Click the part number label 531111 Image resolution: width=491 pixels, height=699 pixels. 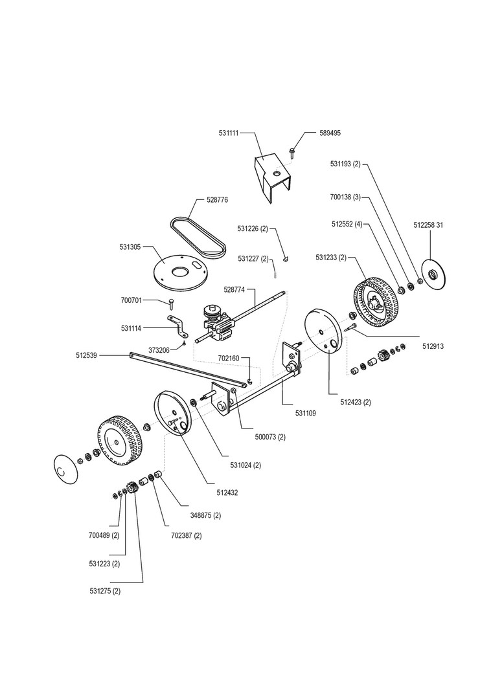pos(229,133)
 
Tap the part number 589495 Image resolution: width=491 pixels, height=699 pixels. pos(330,133)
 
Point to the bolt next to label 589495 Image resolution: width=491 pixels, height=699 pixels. pos(291,152)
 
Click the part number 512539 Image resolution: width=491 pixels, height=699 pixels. pos(87,355)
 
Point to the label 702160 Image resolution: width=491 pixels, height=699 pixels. pos(229,359)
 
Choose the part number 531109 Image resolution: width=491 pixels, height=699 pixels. pos(306,413)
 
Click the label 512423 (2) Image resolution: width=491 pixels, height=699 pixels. pos(356,402)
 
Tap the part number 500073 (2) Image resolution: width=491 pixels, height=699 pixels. pos(270,437)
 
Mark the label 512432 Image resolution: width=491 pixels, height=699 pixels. pos(227,493)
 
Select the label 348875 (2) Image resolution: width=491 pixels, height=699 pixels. pos(205,515)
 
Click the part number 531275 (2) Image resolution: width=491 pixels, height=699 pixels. pos(105,591)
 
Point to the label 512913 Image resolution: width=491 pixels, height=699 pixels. pos(433,346)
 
